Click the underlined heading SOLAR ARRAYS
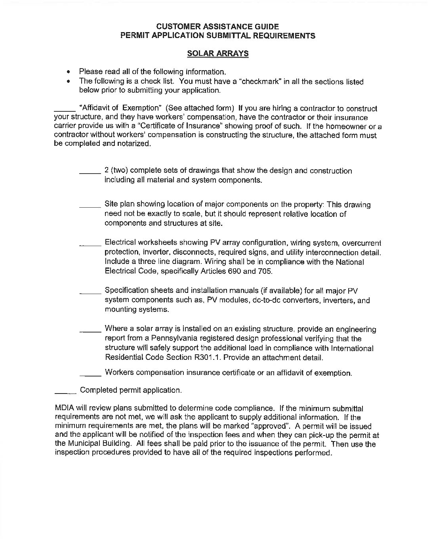pos(217,54)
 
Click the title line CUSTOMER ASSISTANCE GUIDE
pos(217,27)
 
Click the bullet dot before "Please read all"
pos(69,72)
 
